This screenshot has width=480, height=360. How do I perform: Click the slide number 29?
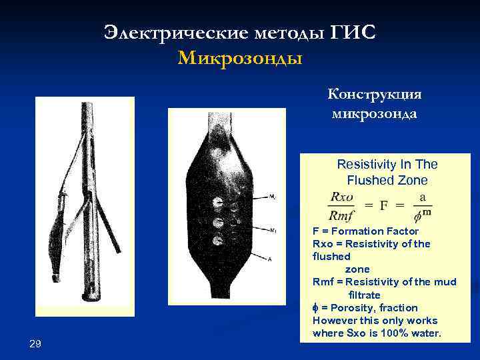(x=36, y=343)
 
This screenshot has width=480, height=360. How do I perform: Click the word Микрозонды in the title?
(x=240, y=59)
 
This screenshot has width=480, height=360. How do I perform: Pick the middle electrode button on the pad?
(x=217, y=222)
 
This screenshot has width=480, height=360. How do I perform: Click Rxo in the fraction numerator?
(x=343, y=198)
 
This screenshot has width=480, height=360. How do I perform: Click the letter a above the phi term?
(x=422, y=198)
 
